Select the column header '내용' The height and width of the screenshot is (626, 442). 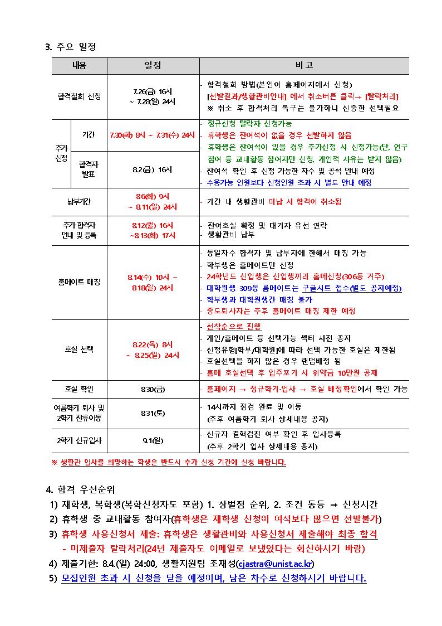[x=80, y=66]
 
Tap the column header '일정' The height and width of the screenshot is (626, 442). [x=153, y=66]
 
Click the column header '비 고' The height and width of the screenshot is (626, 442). [x=304, y=66]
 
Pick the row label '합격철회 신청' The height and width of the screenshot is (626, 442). [x=80, y=96]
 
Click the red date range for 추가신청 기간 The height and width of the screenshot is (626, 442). [x=152, y=135]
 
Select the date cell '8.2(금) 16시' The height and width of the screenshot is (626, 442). [x=153, y=169]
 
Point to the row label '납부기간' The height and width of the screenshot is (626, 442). [x=80, y=202]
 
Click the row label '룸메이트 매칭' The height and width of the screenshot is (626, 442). [x=80, y=282]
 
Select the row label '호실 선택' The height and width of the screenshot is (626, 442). [x=80, y=350]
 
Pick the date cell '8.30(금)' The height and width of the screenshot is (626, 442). [x=153, y=389]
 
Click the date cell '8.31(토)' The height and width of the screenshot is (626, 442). [x=153, y=413]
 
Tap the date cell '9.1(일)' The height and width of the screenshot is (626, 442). [x=153, y=440]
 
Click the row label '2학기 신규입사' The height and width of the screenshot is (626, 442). [x=80, y=440]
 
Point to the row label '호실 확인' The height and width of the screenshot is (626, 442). [x=80, y=389]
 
